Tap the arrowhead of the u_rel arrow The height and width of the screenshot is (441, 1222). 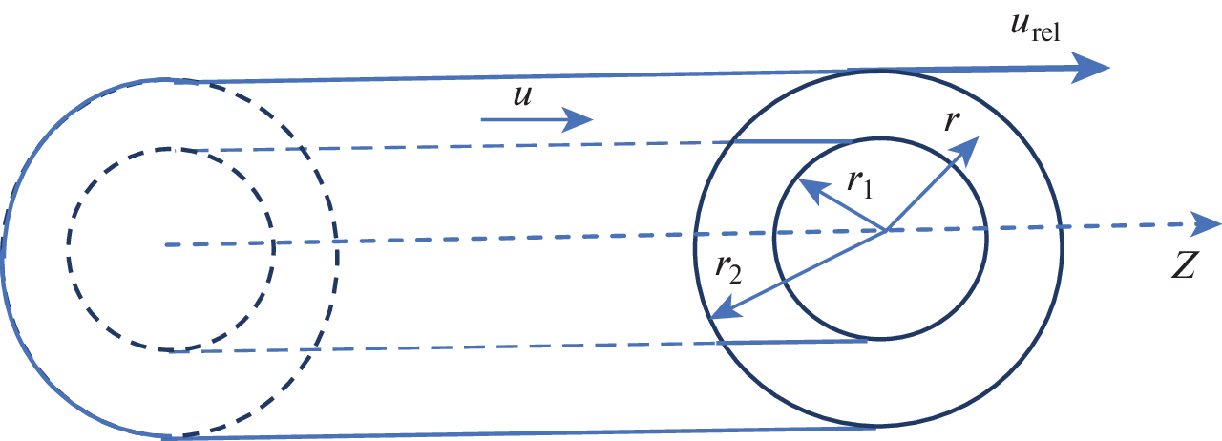pos(1090,68)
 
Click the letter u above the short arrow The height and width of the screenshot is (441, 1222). pos(522,96)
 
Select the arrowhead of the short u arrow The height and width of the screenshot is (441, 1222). pos(578,119)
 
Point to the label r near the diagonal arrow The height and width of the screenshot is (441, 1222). pos(952,121)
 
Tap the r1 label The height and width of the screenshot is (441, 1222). pos(860,184)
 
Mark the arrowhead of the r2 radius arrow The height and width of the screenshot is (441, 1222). pos(726,310)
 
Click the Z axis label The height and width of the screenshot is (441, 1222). pos(1184,265)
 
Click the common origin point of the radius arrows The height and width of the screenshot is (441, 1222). pos(885,230)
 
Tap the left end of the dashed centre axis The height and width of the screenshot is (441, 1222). pos(166,244)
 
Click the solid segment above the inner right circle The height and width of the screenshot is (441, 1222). pos(791,142)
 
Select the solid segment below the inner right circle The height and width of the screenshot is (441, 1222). pos(791,343)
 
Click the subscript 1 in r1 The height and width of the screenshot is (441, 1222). pos(868,190)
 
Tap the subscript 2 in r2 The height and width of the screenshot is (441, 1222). pos(735,276)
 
